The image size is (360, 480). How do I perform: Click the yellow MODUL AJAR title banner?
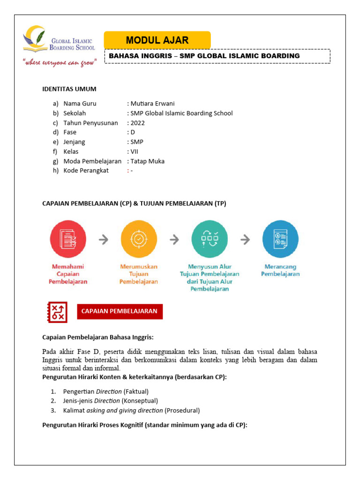pyautogui.click(x=157, y=40)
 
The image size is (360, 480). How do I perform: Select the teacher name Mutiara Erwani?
pyautogui.click(x=153, y=104)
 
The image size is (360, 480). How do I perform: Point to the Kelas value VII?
pyautogui.click(x=135, y=151)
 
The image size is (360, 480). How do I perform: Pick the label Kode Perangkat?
pyautogui.click(x=86, y=171)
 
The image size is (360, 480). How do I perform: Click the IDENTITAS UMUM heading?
pyautogui.click(x=69, y=89)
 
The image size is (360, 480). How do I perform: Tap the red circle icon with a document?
pyautogui.click(x=68, y=239)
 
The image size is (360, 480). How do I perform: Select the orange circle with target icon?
pyautogui.click(x=139, y=239)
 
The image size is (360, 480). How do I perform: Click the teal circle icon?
pyautogui.click(x=210, y=239)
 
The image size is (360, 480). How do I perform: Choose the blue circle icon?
pyautogui.click(x=280, y=239)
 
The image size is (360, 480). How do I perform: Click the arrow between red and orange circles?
pyautogui.click(x=104, y=240)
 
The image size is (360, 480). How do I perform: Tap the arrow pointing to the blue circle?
pyautogui.click(x=245, y=240)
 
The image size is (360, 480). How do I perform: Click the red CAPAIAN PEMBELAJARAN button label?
pyautogui.click(x=120, y=311)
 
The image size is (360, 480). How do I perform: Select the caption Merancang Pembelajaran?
pyautogui.click(x=280, y=270)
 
